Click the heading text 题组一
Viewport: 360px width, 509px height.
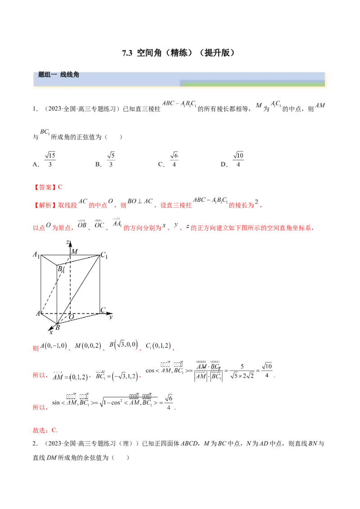[x=47, y=75]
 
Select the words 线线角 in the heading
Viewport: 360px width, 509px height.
[x=70, y=75]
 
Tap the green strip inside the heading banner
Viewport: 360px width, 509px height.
[x=252, y=83]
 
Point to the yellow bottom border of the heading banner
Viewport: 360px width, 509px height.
[x=180, y=88]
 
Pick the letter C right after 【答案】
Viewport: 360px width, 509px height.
[x=56, y=186]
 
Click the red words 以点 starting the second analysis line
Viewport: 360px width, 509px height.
[x=38, y=228]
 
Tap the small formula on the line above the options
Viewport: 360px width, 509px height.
[x=45, y=132]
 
